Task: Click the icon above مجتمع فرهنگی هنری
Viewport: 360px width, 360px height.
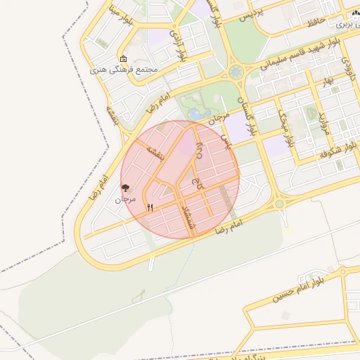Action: point(124,59)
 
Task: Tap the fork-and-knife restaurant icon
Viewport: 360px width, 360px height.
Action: point(150,207)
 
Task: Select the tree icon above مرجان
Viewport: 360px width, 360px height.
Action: point(126,188)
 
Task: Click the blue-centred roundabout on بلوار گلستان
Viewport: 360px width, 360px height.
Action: point(235,72)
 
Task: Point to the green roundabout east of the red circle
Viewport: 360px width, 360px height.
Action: point(279,204)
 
